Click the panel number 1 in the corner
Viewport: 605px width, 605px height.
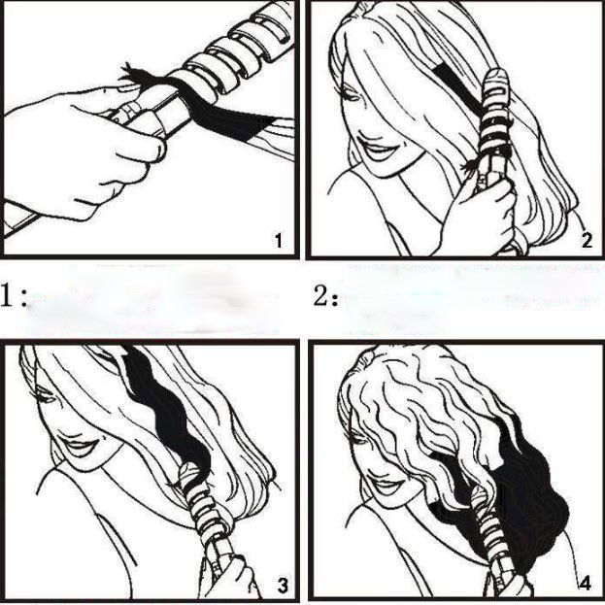pos(278,240)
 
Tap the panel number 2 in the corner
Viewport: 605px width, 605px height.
pos(587,241)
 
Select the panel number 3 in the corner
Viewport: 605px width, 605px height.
pos(283,586)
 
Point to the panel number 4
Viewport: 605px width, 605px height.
pos(586,584)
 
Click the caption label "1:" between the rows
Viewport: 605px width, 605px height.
pos(14,296)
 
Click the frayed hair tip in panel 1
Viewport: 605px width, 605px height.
pos(132,74)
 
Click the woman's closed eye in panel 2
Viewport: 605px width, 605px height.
pos(352,95)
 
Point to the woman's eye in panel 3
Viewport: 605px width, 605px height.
pos(47,397)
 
